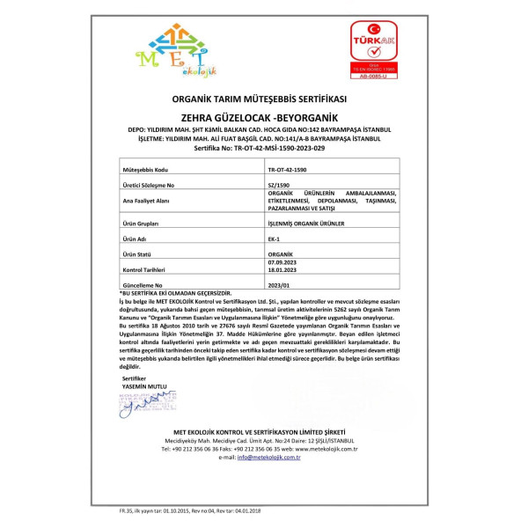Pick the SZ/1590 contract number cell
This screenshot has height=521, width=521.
pyautogui.click(x=277, y=186)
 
